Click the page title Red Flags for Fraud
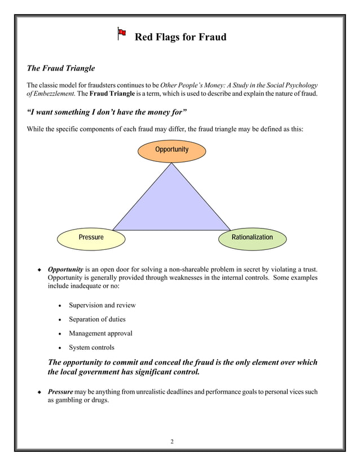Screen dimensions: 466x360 click(180, 37)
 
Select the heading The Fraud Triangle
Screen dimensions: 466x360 click(61, 68)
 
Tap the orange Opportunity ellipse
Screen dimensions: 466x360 click(172, 150)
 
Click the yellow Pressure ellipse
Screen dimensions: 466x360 click(91, 237)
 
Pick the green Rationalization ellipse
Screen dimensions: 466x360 click(252, 237)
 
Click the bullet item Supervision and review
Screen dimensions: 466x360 click(102, 305)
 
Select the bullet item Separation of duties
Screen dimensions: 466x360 click(97, 319)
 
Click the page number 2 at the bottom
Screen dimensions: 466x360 click(173, 441)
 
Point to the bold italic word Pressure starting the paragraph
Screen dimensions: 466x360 click(60, 391)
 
